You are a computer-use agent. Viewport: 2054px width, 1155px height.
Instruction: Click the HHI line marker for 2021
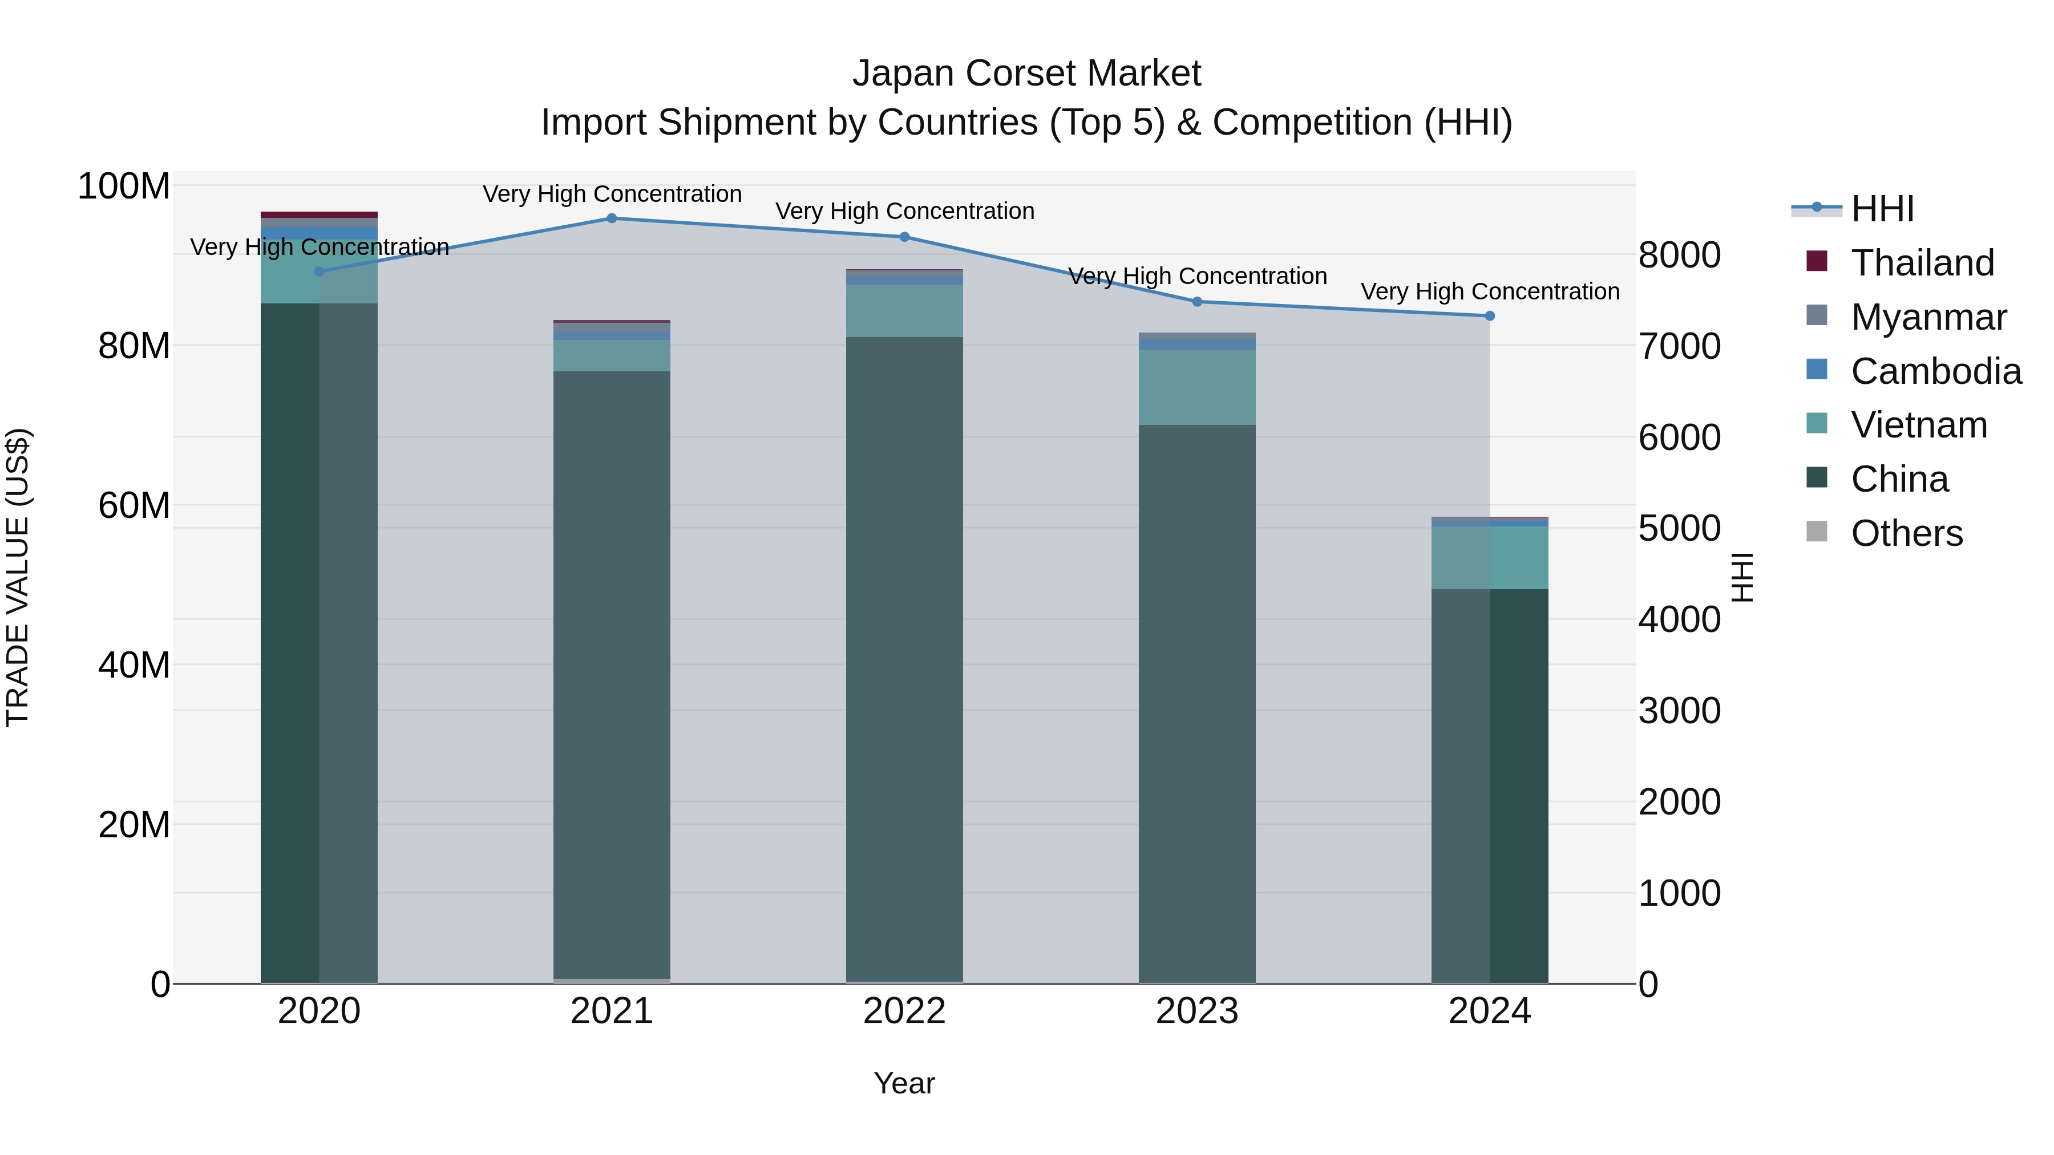(612, 218)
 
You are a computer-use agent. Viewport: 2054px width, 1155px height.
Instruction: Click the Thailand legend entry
(1922, 263)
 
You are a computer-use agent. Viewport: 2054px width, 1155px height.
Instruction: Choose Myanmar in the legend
(1928, 317)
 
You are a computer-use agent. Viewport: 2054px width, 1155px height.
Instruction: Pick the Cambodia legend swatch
(1817, 370)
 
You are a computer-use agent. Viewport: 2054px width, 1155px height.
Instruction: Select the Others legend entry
(1906, 533)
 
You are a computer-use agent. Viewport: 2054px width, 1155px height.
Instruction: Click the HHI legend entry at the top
(1882, 209)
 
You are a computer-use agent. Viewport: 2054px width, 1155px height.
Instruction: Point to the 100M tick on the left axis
(124, 187)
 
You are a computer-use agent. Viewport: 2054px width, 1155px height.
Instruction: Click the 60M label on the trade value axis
(134, 505)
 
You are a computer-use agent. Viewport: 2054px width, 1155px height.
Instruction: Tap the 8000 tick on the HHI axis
(1679, 256)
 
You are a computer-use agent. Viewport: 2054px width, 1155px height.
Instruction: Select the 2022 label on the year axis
(904, 1011)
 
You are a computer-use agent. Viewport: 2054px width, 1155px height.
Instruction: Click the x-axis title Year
(904, 1083)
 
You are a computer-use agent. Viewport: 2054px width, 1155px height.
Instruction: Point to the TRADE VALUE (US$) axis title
(18, 577)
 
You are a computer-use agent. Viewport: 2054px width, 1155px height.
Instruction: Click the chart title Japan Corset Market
(1026, 74)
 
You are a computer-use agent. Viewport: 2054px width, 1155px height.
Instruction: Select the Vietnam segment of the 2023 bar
(1197, 387)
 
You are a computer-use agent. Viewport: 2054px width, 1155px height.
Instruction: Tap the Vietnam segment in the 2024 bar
(1490, 558)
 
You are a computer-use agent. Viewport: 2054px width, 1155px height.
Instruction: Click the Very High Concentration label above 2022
(905, 211)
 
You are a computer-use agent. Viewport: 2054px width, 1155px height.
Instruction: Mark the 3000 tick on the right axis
(1679, 711)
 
